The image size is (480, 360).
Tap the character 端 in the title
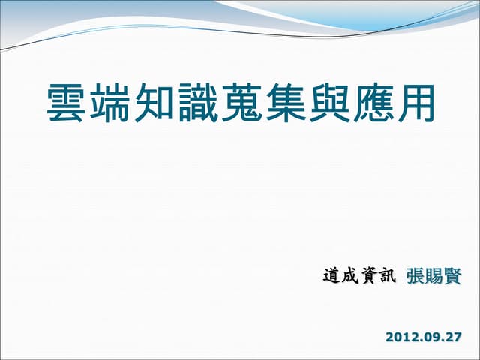[x=111, y=104]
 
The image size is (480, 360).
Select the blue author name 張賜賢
[x=433, y=277]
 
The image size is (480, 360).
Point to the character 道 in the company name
[x=331, y=277]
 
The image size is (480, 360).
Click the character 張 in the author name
[x=415, y=277]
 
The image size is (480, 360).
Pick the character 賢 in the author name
[x=451, y=277]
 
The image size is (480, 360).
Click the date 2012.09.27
[x=423, y=337]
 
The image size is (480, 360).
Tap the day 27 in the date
[x=453, y=337]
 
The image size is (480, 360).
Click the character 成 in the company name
[x=349, y=277]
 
